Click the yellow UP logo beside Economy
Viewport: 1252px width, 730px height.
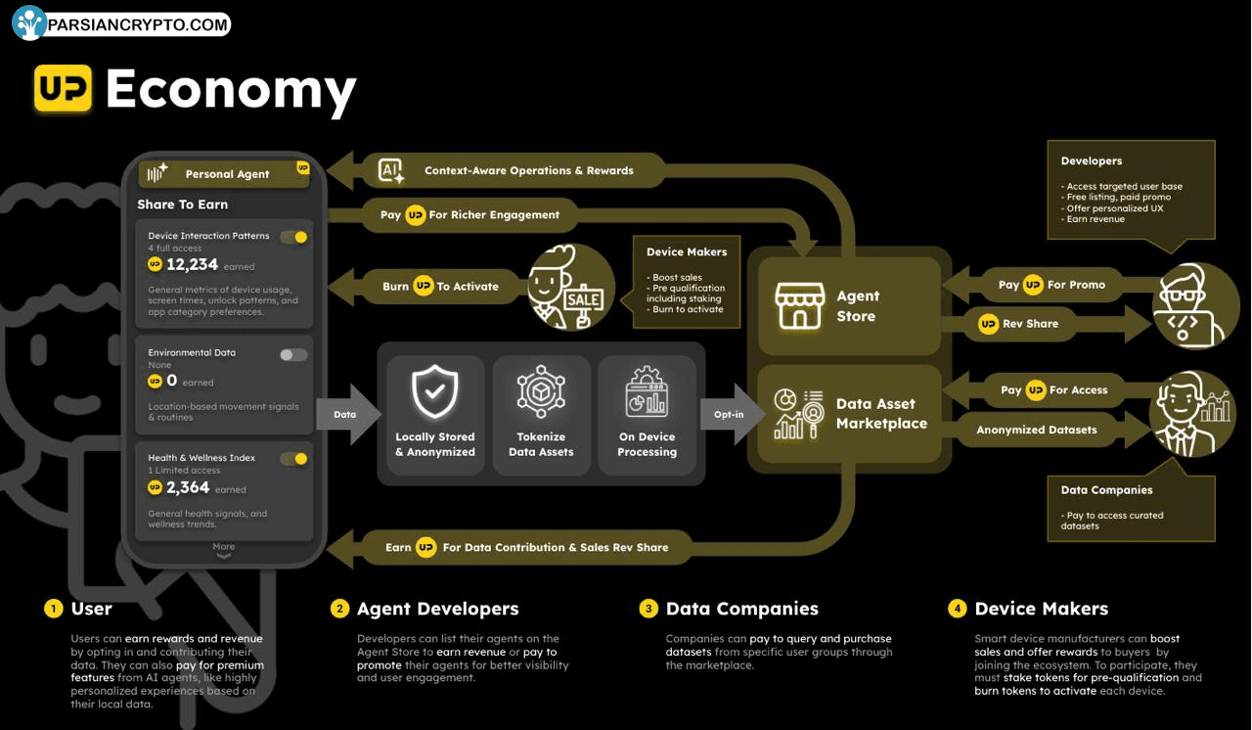click(64, 88)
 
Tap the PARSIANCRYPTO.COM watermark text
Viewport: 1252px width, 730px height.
click(138, 24)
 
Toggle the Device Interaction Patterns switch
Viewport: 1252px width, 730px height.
click(294, 237)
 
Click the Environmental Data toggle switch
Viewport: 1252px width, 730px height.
click(293, 355)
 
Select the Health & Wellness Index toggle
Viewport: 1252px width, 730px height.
click(294, 459)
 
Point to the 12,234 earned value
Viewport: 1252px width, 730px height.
click(192, 264)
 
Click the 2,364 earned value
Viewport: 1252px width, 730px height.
click(188, 487)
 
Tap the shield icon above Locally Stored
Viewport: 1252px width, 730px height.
click(434, 391)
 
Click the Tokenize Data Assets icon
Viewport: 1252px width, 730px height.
click(541, 391)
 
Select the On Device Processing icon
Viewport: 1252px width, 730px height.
click(647, 391)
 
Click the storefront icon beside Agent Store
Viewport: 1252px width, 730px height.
click(800, 304)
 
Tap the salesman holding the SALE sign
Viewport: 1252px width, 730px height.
click(570, 287)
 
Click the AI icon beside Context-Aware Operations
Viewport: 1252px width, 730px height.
click(390, 170)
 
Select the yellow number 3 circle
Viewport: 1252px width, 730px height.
click(648, 608)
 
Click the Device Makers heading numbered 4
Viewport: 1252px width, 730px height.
click(1042, 608)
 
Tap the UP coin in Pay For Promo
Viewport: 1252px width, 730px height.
click(1033, 285)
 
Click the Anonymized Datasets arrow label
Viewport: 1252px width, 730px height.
click(1037, 430)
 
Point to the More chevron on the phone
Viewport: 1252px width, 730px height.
click(224, 556)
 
